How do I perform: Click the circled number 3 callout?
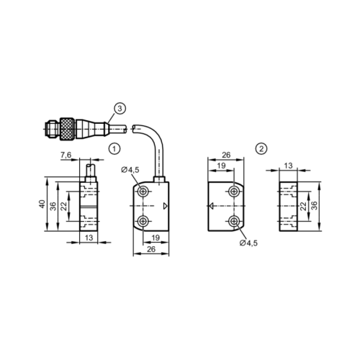pos(120,109)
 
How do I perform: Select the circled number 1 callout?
pos(114,148)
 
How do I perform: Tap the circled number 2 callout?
pos(261,148)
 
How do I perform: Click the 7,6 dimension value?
pos(66,155)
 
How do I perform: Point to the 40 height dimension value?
pos(42,204)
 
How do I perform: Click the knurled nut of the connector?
pos(67,130)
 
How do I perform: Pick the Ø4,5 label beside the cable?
pos(130,170)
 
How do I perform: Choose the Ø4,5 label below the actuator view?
pos(248,243)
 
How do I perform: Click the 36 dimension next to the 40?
pos(53,206)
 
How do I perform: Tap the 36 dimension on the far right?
pos(314,206)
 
